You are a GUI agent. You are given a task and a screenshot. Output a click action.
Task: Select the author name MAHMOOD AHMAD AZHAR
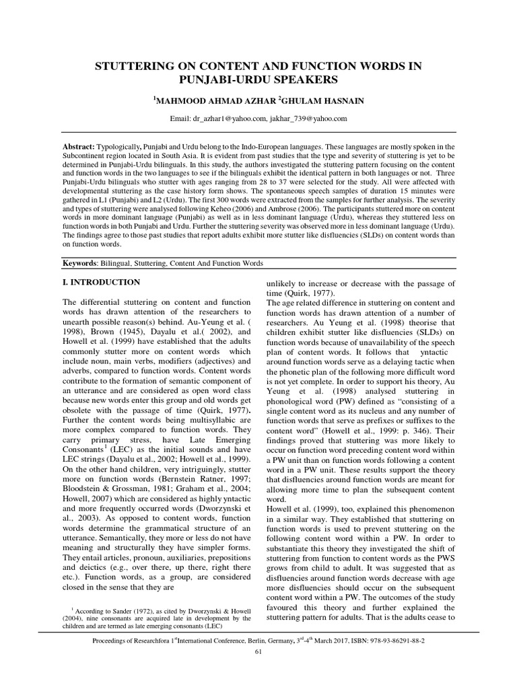point(209,100)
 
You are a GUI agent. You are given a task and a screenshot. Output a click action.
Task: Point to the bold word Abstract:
point(77,146)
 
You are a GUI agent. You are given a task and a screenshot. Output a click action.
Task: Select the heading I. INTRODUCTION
point(100,283)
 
